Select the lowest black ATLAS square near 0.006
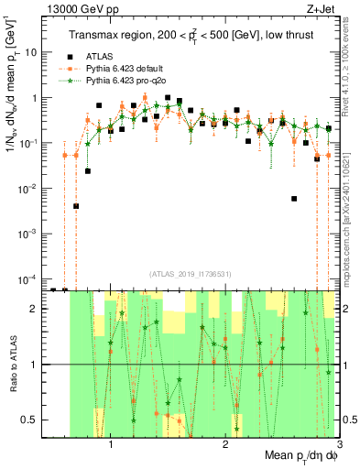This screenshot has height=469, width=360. tap(294, 198)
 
